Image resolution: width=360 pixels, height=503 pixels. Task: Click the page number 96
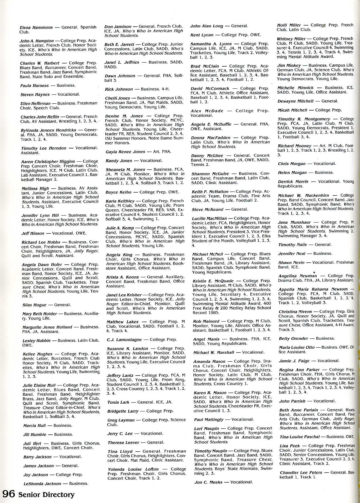[9, 494]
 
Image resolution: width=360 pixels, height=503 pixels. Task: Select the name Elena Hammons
[36, 28]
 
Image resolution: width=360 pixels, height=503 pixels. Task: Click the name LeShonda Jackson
[42, 483]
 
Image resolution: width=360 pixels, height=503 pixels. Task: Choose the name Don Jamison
[118, 26]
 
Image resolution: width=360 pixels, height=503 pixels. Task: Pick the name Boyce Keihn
[118, 192]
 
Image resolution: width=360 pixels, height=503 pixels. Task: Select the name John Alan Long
[207, 26]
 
